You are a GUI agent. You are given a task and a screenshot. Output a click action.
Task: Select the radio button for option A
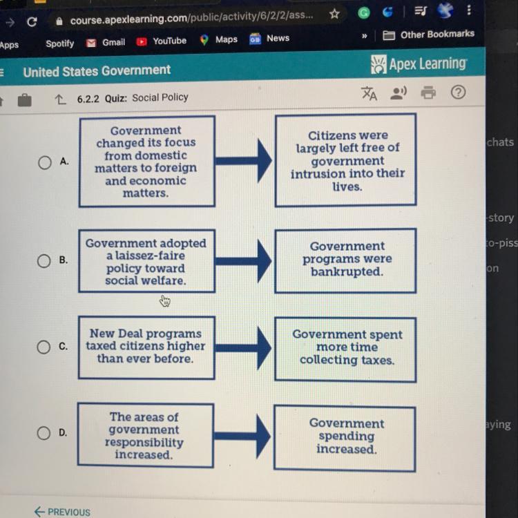click(x=45, y=162)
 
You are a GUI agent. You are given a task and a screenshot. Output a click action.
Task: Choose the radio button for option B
click(x=44, y=261)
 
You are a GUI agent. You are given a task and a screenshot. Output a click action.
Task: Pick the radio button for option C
click(x=44, y=347)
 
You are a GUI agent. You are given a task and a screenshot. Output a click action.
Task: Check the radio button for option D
click(x=44, y=434)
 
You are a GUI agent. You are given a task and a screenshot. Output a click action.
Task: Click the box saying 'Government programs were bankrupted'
click(x=346, y=260)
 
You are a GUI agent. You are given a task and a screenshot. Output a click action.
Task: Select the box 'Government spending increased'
click(x=345, y=437)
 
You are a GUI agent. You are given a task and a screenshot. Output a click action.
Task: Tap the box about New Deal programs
click(x=146, y=347)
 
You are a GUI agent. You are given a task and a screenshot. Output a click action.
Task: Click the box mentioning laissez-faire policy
click(x=146, y=262)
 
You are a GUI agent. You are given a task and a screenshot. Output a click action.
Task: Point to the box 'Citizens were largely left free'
click(x=346, y=161)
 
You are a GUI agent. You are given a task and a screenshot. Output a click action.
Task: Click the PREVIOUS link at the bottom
click(x=62, y=512)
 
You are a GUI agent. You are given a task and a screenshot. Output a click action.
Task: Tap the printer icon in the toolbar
click(x=428, y=93)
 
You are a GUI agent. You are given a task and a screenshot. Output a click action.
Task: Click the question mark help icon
click(x=458, y=93)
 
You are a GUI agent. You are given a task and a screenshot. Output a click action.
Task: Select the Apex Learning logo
click(x=419, y=65)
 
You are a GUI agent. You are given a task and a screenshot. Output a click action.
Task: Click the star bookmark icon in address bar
click(x=335, y=15)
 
